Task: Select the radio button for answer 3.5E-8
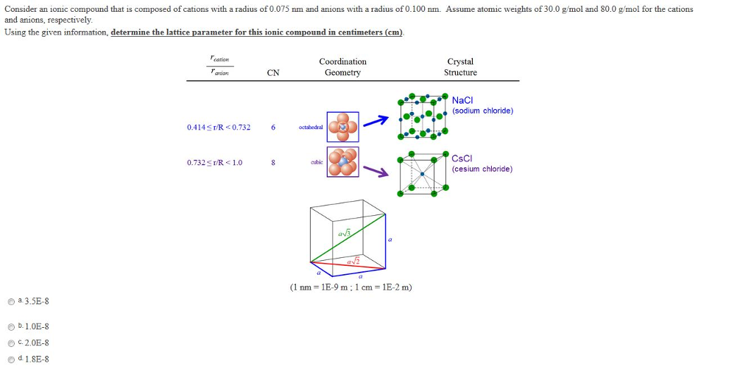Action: pos(11,301)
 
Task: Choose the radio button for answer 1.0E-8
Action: pos(11,327)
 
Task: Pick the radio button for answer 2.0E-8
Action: pos(11,343)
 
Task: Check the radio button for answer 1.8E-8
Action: pos(11,360)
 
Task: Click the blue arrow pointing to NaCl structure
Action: pos(377,122)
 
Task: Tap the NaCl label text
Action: pos(462,100)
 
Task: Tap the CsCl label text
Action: pos(462,158)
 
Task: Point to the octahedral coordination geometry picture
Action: pos(343,127)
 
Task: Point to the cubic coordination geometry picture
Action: pos(343,162)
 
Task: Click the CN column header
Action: pos(273,72)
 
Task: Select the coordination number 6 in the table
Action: pos(273,127)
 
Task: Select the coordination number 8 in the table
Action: pos(273,163)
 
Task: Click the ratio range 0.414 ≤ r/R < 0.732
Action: pos(219,127)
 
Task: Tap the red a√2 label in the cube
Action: pos(353,261)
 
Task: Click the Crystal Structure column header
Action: pos(460,67)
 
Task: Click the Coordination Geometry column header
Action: pos(342,67)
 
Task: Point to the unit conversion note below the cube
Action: pos(351,287)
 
